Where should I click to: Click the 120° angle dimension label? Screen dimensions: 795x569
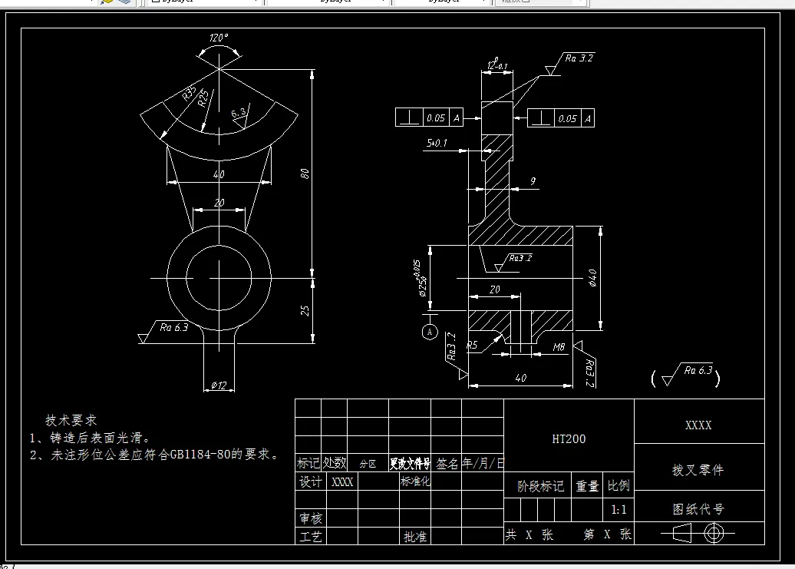(219, 38)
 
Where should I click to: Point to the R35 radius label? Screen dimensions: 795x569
(190, 94)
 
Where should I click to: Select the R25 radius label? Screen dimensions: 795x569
(203, 98)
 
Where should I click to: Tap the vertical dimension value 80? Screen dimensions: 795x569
(305, 174)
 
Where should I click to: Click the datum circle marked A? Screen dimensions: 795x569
(430, 332)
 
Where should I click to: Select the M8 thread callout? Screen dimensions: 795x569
(559, 347)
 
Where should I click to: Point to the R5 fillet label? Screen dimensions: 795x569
(473, 346)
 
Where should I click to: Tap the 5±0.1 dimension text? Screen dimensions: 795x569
(437, 143)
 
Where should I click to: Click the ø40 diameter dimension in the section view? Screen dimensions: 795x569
(592, 278)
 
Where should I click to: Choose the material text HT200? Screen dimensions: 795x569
(569, 439)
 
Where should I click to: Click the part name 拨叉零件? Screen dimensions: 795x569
(698, 470)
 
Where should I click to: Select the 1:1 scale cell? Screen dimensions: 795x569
(619, 510)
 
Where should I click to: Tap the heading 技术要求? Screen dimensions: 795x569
(71, 420)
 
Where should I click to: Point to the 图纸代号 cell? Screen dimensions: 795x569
(698, 509)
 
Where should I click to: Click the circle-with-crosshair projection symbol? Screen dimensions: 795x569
(714, 533)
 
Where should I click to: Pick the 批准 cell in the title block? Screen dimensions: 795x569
(415, 537)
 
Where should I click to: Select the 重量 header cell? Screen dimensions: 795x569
(587, 486)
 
